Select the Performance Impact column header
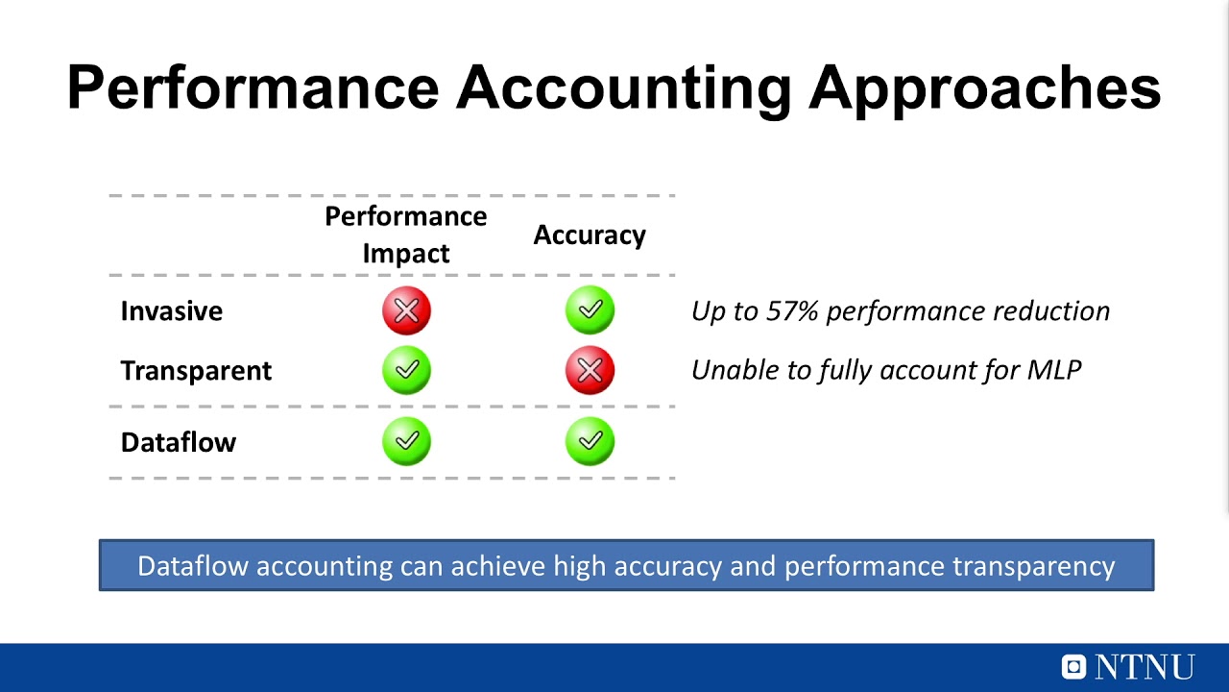pyautogui.click(x=405, y=235)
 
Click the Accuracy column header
pyautogui.click(x=590, y=235)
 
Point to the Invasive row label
pyautogui.click(x=171, y=311)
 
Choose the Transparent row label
pyautogui.click(x=196, y=371)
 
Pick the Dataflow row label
pyautogui.click(x=178, y=442)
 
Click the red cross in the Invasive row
pyautogui.click(x=406, y=310)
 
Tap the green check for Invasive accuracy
pyautogui.click(x=590, y=310)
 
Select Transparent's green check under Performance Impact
pyautogui.click(x=406, y=370)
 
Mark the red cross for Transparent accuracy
pyautogui.click(x=590, y=370)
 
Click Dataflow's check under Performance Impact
pyautogui.click(x=406, y=441)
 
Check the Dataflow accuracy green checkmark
pyautogui.click(x=590, y=441)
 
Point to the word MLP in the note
pyautogui.click(x=1054, y=371)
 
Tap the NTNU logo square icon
pyautogui.click(x=1073, y=666)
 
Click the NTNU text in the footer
pyautogui.click(x=1145, y=667)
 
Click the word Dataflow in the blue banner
pyautogui.click(x=193, y=566)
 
